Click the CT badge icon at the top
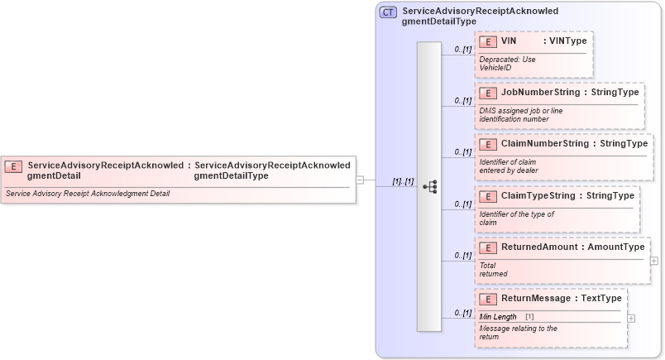[x=388, y=12]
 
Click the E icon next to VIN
[x=488, y=41]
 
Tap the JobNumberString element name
[x=540, y=93]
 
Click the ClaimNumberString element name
[x=544, y=144]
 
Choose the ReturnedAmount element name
[x=543, y=247]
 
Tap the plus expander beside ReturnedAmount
[x=654, y=260]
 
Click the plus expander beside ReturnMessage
[x=631, y=318]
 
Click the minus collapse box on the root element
[x=360, y=179]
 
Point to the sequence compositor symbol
[x=429, y=187]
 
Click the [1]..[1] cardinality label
[x=403, y=181]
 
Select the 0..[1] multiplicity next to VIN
[x=462, y=50]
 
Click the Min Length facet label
[x=498, y=317]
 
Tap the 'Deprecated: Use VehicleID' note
[x=507, y=64]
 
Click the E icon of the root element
[x=14, y=166]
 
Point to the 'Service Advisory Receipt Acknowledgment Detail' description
[x=88, y=194]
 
